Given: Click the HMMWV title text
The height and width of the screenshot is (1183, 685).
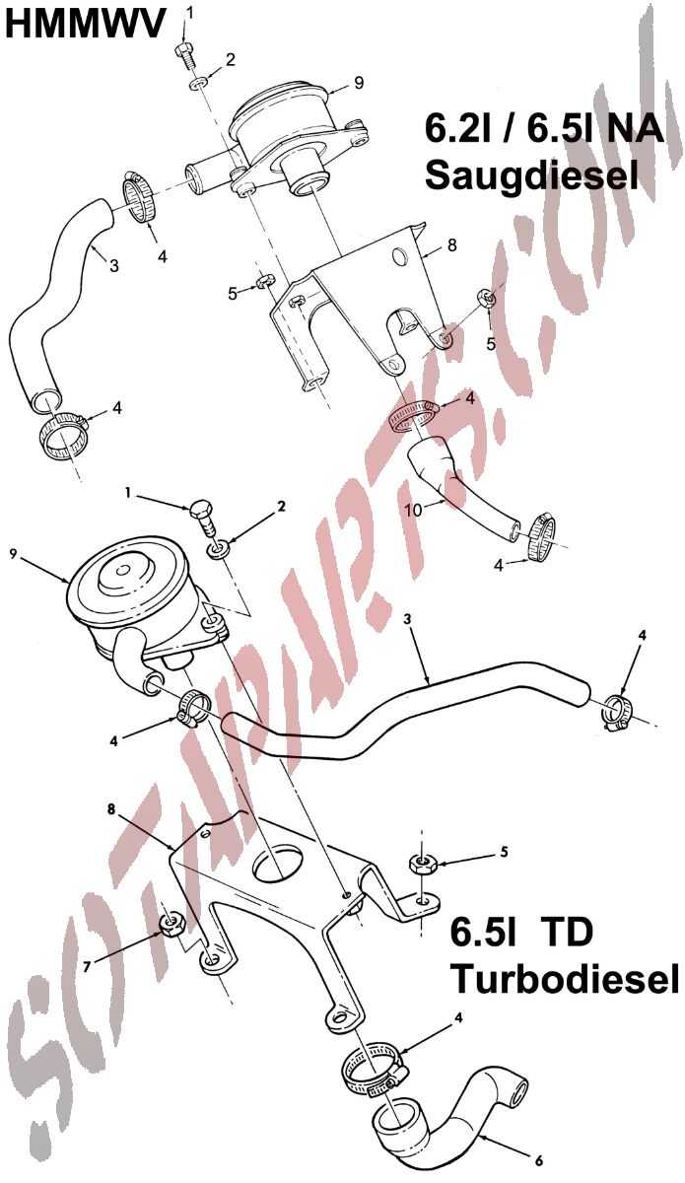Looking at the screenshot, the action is tap(87, 24).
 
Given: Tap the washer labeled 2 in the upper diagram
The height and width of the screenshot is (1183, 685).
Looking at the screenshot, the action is tap(198, 84).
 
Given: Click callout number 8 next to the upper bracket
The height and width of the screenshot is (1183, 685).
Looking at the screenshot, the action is tap(450, 245).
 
